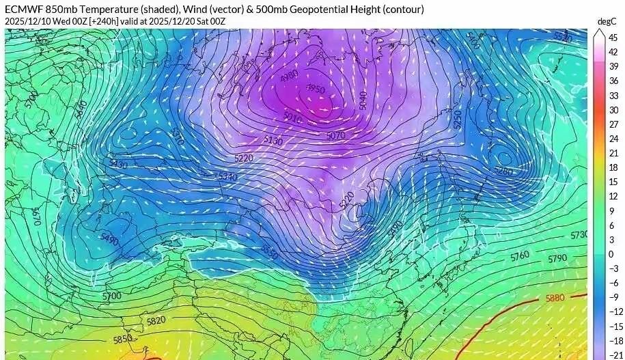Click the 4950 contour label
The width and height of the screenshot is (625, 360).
click(x=316, y=89)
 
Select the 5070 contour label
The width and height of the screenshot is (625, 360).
click(x=335, y=135)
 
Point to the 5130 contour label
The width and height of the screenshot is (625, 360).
click(x=273, y=141)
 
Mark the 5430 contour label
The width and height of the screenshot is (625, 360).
click(x=118, y=164)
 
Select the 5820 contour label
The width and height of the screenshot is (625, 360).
click(x=156, y=320)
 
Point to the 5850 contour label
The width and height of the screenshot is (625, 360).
click(x=123, y=339)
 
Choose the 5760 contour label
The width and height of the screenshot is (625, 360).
click(x=520, y=255)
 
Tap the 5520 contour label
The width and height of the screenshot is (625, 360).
click(x=561, y=36)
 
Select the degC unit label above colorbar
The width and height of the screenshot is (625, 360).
click(x=607, y=22)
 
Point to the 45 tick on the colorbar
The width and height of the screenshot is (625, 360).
click(x=613, y=37)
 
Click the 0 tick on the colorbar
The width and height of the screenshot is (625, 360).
click(x=611, y=254)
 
